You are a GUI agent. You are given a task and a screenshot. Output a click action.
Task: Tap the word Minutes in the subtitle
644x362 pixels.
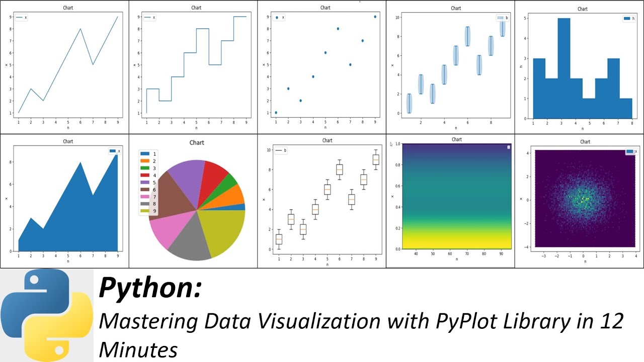pos(138,349)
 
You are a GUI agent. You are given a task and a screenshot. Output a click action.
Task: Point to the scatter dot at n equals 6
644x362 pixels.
pos(338,29)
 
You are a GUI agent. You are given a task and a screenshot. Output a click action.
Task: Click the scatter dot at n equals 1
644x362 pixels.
pos(276,113)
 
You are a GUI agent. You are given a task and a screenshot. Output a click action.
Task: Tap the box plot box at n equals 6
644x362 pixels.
pos(339,169)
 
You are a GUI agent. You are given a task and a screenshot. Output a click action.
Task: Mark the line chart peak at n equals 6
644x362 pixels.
pos(80,29)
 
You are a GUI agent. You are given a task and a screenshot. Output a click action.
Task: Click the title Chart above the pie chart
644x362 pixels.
pos(197,143)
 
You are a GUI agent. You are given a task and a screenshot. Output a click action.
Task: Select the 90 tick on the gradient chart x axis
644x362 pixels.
pos(501,254)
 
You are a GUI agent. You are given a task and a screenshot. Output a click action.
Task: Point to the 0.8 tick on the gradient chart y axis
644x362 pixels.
pos(397,164)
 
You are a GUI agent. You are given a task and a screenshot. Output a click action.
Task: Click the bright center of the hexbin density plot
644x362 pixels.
pos(584,199)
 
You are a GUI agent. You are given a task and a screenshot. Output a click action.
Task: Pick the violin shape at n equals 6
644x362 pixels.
pos(467,36)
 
